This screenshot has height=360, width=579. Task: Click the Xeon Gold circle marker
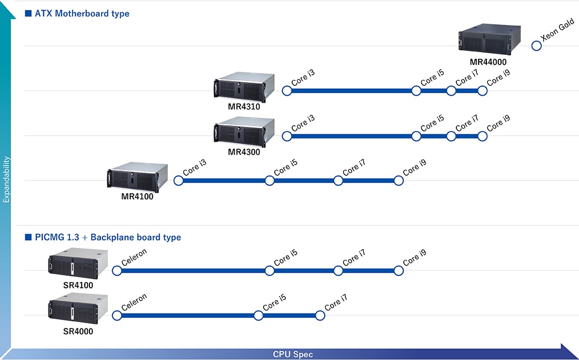(x=536, y=46)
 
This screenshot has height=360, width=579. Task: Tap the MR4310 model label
(x=244, y=107)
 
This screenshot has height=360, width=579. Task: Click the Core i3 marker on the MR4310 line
(x=287, y=91)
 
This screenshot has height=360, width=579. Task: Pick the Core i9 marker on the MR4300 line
(x=482, y=136)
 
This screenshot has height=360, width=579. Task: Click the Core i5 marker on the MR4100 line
(x=269, y=181)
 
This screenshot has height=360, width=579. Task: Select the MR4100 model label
(x=137, y=197)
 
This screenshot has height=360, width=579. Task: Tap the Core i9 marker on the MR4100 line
(x=398, y=181)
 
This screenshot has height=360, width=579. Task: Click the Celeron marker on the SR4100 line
(x=117, y=271)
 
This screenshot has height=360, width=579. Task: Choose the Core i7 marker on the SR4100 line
(x=338, y=271)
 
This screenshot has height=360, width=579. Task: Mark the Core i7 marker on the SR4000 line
(x=320, y=316)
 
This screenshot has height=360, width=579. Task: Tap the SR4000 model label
(x=78, y=332)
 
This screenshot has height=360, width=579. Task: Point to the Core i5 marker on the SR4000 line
(x=258, y=316)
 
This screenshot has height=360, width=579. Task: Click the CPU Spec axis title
(x=293, y=354)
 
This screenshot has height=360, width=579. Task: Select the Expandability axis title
(x=6, y=179)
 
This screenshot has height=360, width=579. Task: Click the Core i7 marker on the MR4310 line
(x=451, y=91)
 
